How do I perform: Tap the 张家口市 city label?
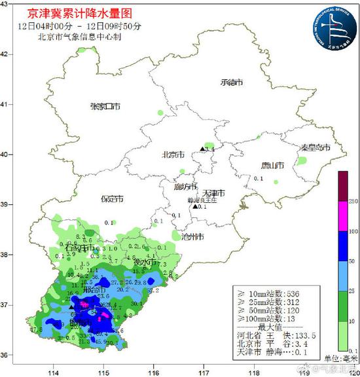pyautogui.click(x=106, y=106)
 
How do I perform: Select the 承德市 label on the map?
pyautogui.click(x=232, y=82)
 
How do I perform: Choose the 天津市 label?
pyautogui.click(x=212, y=193)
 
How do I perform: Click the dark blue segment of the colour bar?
pyautogui.click(x=342, y=245)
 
